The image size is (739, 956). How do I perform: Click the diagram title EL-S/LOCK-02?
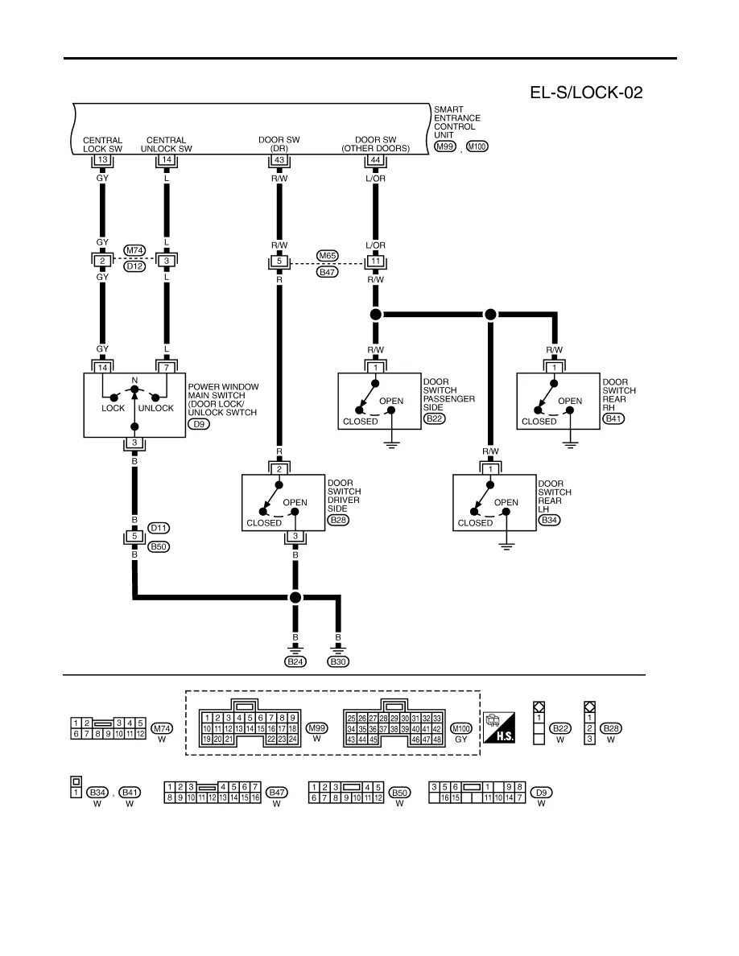pyautogui.click(x=585, y=93)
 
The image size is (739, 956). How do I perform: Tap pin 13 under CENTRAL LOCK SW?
pyautogui.click(x=102, y=160)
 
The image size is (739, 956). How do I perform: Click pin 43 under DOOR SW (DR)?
pyautogui.click(x=279, y=160)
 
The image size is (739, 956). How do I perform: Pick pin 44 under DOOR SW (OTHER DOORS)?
pyautogui.click(x=374, y=160)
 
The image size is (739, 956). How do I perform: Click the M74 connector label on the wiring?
pyautogui.click(x=134, y=250)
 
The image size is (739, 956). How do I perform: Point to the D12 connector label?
pyautogui.click(x=134, y=266)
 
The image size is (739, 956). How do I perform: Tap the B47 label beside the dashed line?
pyautogui.click(x=327, y=272)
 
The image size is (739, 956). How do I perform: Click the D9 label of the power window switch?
pyautogui.click(x=197, y=424)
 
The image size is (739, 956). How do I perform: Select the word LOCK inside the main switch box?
pyautogui.click(x=113, y=408)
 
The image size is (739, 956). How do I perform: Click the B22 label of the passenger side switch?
pyautogui.click(x=434, y=418)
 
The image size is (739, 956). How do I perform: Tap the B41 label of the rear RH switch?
pyautogui.click(x=613, y=418)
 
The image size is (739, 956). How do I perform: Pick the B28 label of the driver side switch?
pyautogui.click(x=339, y=520)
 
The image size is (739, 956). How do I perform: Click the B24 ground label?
pyautogui.click(x=296, y=661)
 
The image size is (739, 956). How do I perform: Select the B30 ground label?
pyautogui.click(x=338, y=661)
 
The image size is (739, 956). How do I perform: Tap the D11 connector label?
pyautogui.click(x=159, y=528)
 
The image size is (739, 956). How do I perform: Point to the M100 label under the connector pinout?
pyautogui.click(x=462, y=728)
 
